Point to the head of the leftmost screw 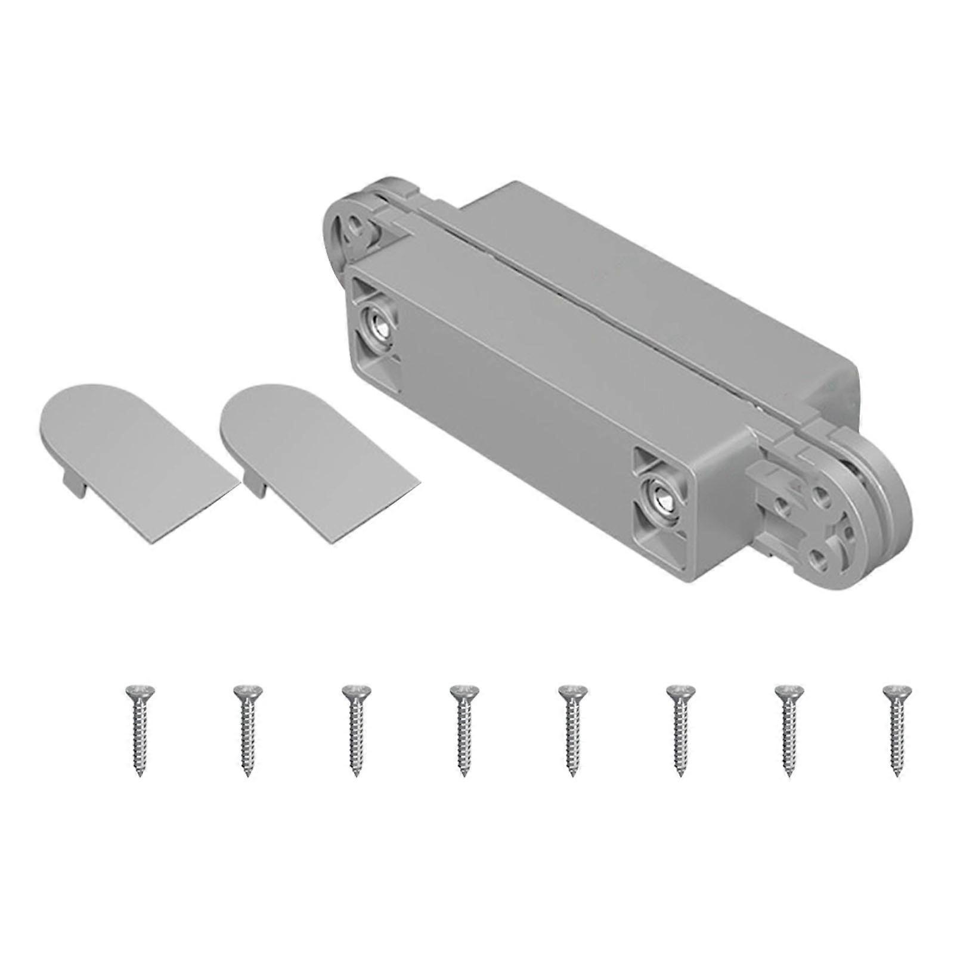138,692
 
